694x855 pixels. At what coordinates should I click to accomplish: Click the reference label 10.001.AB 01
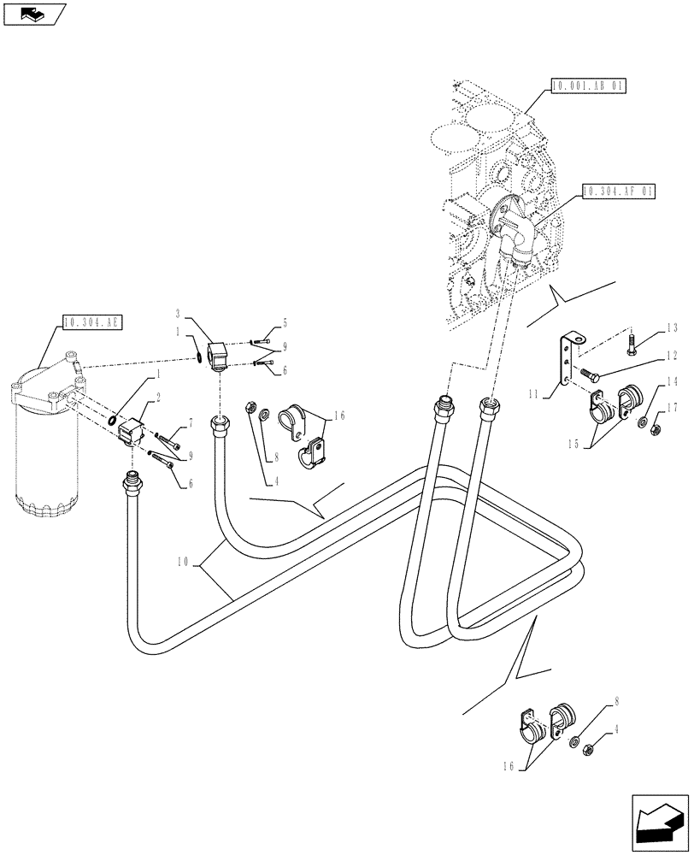(589, 85)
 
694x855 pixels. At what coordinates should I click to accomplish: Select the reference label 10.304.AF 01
(618, 192)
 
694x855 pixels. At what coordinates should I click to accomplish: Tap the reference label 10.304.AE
(93, 322)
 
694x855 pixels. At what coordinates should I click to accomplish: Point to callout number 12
(671, 354)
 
